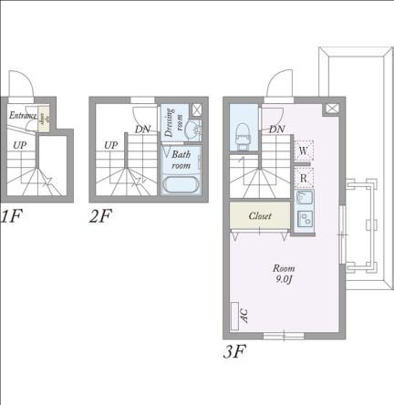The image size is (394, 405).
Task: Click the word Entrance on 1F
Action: [23, 116]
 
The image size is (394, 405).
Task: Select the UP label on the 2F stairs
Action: [110, 145]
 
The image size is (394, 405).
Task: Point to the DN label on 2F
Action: [142, 130]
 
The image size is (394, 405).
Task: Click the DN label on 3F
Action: [278, 130]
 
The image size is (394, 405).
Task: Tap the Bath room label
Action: [181, 161]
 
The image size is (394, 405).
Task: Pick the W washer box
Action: [304, 151]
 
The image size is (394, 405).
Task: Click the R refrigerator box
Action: [304, 177]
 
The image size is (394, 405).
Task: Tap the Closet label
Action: [260, 216]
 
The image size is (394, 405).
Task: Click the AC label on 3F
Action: [244, 315]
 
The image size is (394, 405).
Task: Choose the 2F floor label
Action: [99, 217]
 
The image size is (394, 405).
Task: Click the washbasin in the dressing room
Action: [195, 131]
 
